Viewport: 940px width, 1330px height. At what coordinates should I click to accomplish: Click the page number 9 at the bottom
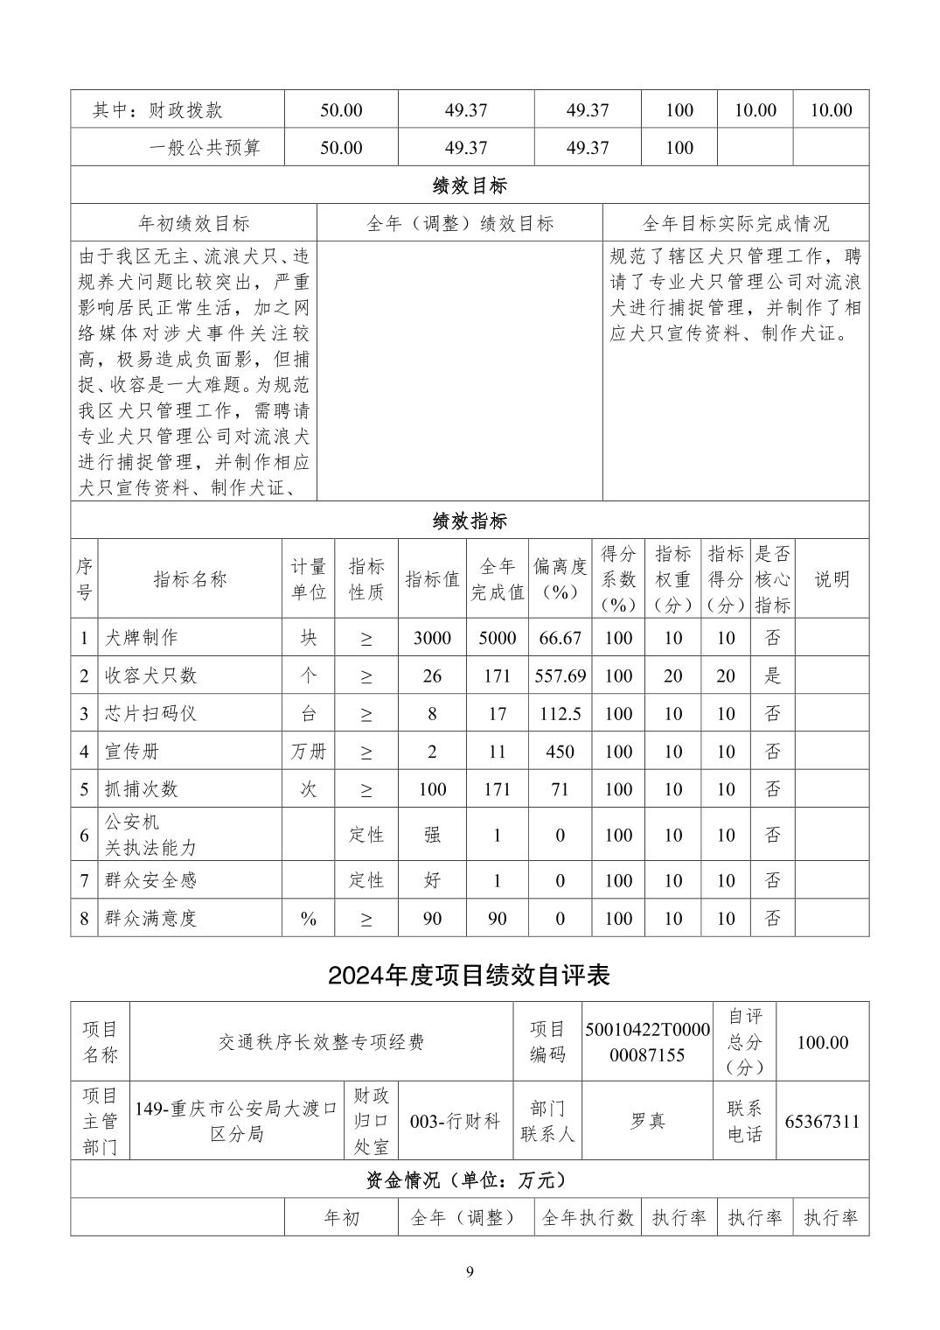[x=470, y=1271]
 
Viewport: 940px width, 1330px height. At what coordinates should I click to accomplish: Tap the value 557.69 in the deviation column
[x=560, y=675]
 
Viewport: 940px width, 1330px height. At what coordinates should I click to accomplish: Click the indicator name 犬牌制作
[x=141, y=638]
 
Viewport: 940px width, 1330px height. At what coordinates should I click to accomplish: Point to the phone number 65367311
[x=822, y=1121]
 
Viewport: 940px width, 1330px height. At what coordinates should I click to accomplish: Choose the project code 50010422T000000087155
[x=648, y=1042]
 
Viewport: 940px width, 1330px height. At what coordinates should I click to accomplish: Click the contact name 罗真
[x=647, y=1121]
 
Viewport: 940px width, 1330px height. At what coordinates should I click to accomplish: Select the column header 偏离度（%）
[x=560, y=578]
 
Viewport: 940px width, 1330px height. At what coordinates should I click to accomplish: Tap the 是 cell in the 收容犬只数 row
[x=772, y=675]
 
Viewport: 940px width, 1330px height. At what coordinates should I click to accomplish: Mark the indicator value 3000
[x=432, y=638]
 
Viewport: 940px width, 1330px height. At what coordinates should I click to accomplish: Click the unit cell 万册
[x=309, y=752]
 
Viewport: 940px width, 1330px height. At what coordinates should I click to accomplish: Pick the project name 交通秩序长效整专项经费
[x=321, y=1042]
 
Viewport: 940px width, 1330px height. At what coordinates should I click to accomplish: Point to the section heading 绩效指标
[x=470, y=521]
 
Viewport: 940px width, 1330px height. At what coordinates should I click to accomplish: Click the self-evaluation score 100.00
[x=822, y=1042]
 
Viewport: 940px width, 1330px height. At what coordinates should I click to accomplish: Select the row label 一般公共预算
[x=205, y=148]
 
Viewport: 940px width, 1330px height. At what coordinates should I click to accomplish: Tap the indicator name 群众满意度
[x=150, y=918]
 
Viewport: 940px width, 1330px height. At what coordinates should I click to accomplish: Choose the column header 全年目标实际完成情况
[x=735, y=223]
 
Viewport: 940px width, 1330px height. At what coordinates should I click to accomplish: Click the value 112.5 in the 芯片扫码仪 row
[x=560, y=714]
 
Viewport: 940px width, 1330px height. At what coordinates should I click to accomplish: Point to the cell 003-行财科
[x=455, y=1121]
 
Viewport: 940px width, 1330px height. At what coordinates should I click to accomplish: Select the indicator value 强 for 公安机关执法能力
[x=432, y=835]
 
